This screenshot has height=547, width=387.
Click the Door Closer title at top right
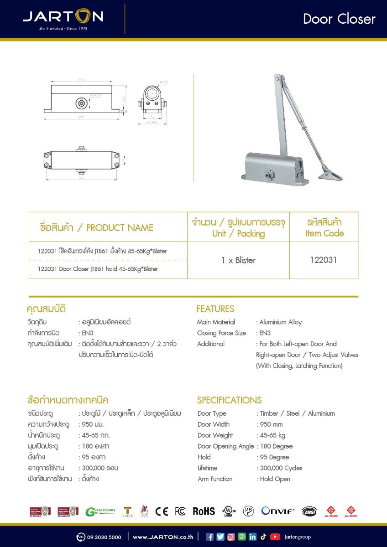pyautogui.click(x=339, y=19)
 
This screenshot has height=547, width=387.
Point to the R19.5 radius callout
pyautogui.click(x=164, y=83)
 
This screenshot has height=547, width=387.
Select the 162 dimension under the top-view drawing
pyautogui.click(x=82, y=178)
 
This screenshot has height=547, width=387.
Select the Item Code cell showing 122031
pyautogui.click(x=323, y=260)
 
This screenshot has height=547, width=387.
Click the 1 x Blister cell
pyautogui.click(x=238, y=260)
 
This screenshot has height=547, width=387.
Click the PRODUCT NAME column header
pyautogui.click(x=97, y=227)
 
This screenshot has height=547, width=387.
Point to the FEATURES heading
pyautogui.click(x=215, y=309)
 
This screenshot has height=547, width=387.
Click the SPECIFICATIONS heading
pyautogui.click(x=229, y=400)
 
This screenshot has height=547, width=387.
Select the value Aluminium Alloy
pyautogui.click(x=281, y=322)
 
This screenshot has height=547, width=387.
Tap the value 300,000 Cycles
pyautogui.click(x=281, y=468)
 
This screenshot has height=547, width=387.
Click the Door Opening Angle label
pyautogui.click(x=225, y=446)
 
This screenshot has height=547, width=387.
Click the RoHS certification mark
pyautogui.click(x=204, y=511)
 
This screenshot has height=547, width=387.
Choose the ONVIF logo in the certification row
pyautogui.click(x=278, y=511)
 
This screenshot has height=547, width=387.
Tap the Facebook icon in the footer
pyautogui.click(x=210, y=537)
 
